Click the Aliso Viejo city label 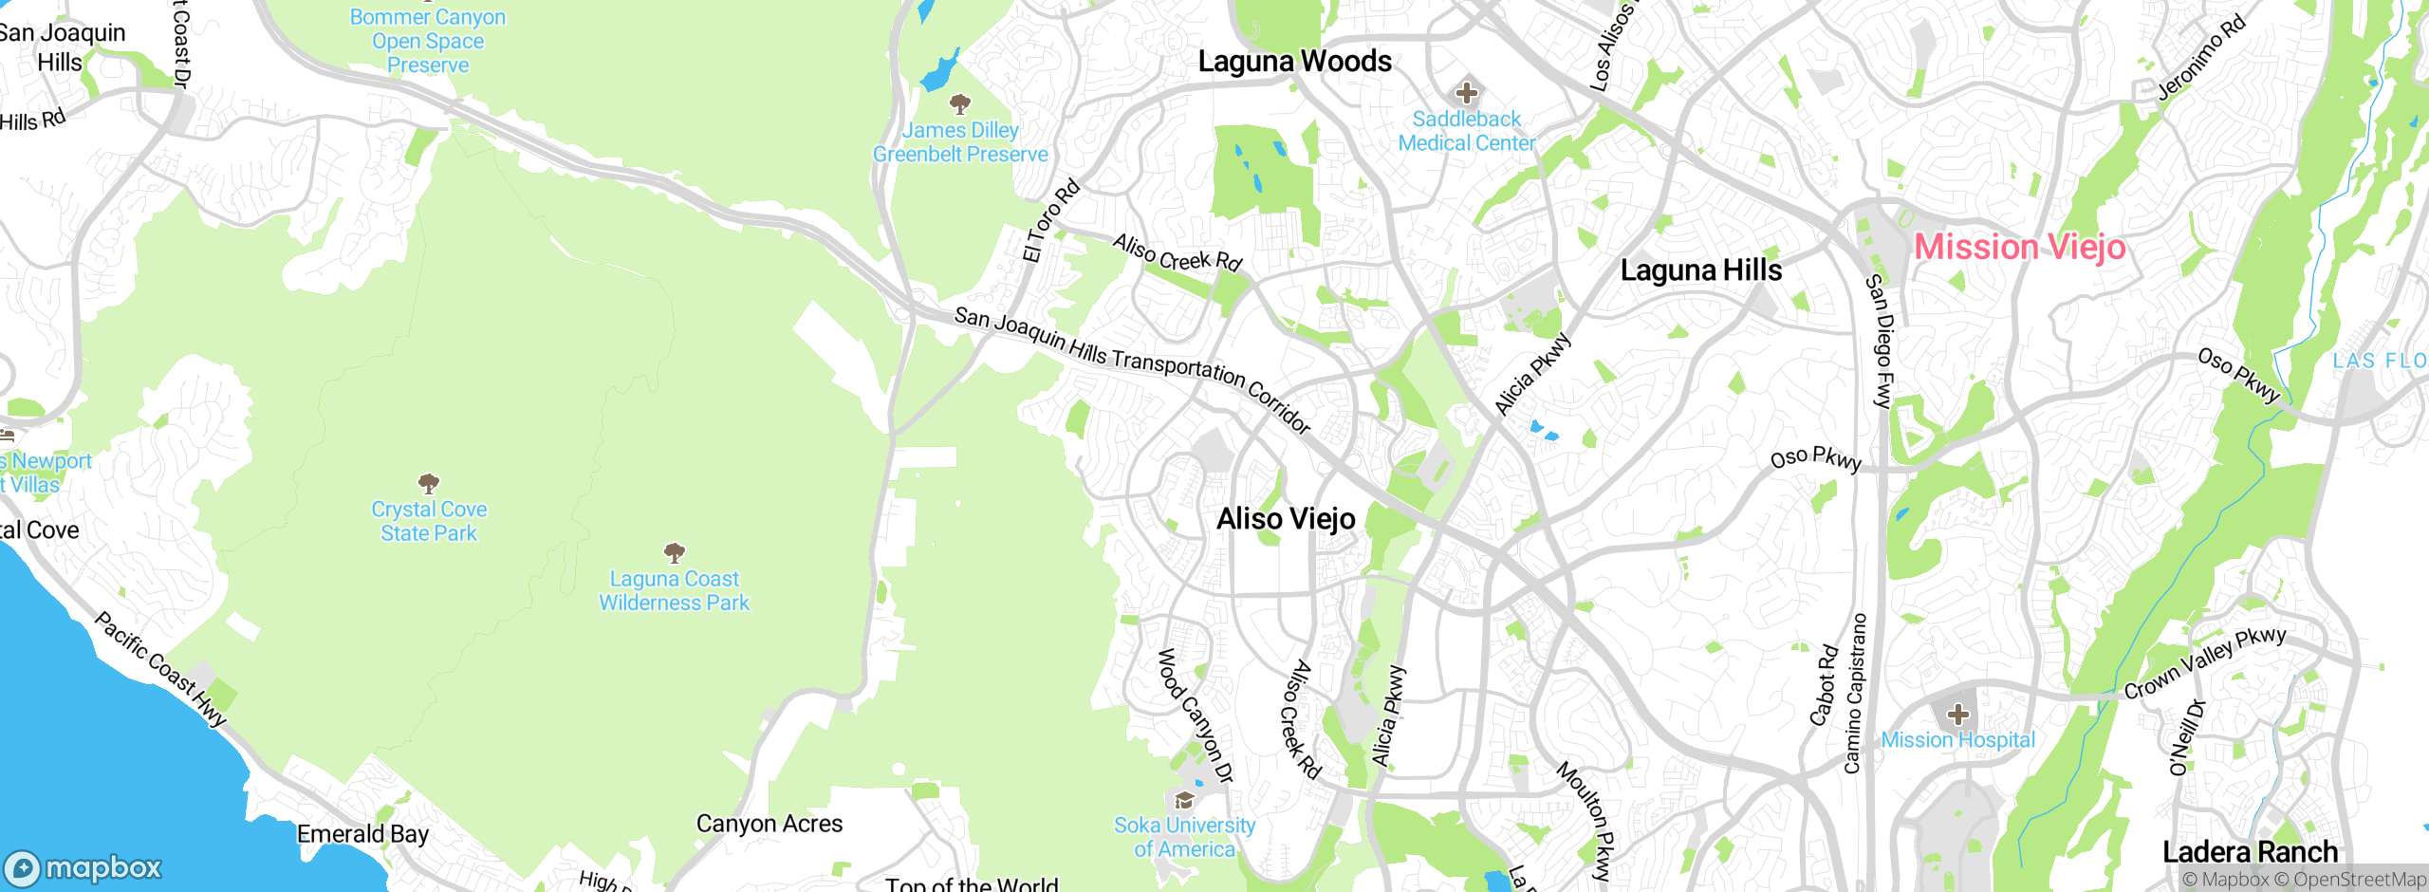[1286, 519]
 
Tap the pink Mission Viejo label [2019, 248]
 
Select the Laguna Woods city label [1294, 62]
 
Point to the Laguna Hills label [1700, 270]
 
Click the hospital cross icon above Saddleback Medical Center [1467, 93]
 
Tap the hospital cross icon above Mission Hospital [1957, 715]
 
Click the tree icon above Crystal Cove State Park [429, 484]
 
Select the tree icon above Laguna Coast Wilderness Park [674, 552]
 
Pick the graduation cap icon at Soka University [1184, 800]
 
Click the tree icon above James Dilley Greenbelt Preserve [960, 103]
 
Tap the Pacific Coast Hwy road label [160, 670]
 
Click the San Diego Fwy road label [1880, 342]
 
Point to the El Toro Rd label [1050, 220]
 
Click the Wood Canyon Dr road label [1195, 715]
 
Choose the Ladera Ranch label [2250, 852]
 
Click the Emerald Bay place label [362, 834]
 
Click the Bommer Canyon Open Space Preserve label [428, 41]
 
